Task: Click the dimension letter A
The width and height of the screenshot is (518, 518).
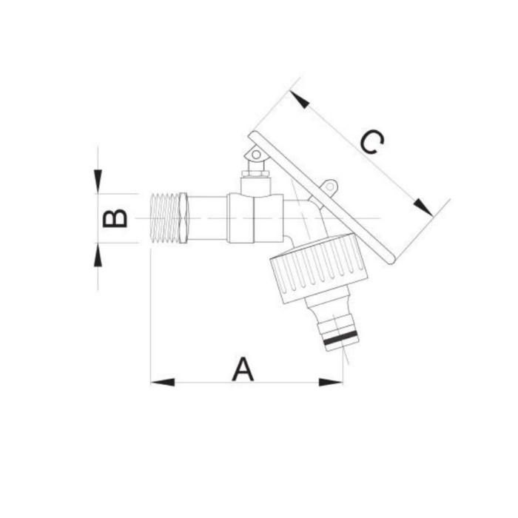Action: (243, 369)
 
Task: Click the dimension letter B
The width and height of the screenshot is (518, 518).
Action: (115, 218)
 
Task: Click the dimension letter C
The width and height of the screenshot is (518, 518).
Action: (372, 142)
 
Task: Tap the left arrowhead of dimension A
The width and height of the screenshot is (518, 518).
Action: (163, 383)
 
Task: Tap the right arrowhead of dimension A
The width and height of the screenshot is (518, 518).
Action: (331, 383)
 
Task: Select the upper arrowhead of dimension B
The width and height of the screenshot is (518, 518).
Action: (98, 181)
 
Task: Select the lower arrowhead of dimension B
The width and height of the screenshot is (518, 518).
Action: (98, 255)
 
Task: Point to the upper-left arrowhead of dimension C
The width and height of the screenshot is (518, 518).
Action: (300, 99)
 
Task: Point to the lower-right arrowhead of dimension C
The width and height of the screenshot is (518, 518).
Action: (423, 207)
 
